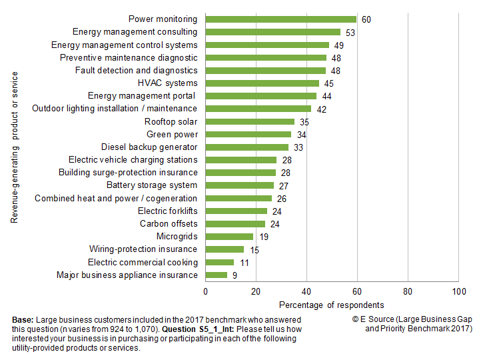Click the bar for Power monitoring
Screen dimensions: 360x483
pyautogui.click(x=281, y=19)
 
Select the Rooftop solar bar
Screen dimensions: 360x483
pyautogui.click(x=250, y=121)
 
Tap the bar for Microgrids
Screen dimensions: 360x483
pyautogui.click(x=229, y=236)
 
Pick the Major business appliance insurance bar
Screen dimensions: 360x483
pyautogui.click(x=217, y=275)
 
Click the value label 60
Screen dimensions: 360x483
pyautogui.click(x=366, y=19)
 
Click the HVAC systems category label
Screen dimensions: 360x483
pyautogui.click(x=167, y=83)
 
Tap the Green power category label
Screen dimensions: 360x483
pyautogui.click(x=172, y=134)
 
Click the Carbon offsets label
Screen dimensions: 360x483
pyautogui.click(x=169, y=223)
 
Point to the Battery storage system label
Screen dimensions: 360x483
pyautogui.click(x=152, y=185)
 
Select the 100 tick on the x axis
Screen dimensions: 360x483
pyautogui.click(x=458, y=292)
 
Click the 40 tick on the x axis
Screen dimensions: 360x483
pyautogui.click(x=306, y=292)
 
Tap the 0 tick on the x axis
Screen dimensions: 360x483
pyautogui.click(x=205, y=292)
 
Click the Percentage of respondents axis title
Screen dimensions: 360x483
pyautogui.click(x=331, y=305)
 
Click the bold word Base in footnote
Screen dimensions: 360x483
pyautogui.click(x=23, y=321)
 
